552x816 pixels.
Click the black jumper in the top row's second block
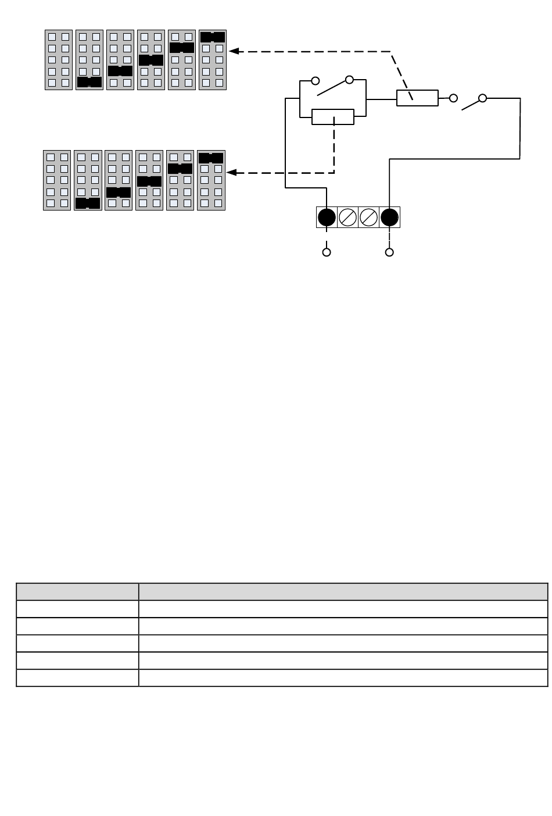89,82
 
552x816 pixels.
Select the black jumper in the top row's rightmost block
213,37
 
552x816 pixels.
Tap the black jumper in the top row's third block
121,71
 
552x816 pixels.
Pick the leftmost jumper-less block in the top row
59,60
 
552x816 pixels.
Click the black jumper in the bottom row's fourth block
149,181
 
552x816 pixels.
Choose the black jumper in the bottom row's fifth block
180,169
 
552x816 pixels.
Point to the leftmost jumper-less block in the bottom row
57,180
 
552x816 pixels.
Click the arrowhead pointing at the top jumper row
234,51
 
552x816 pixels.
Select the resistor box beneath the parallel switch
333,117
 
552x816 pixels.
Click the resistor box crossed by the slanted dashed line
417,98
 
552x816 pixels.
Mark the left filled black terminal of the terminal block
327,218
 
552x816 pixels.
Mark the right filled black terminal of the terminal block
389,218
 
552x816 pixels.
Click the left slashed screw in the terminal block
347,218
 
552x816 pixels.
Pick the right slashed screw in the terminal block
368,218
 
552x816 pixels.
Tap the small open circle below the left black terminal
327,252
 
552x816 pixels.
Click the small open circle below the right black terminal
389,252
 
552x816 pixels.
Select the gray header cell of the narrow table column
77,591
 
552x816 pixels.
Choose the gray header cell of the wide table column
343,591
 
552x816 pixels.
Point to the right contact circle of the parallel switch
349,80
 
